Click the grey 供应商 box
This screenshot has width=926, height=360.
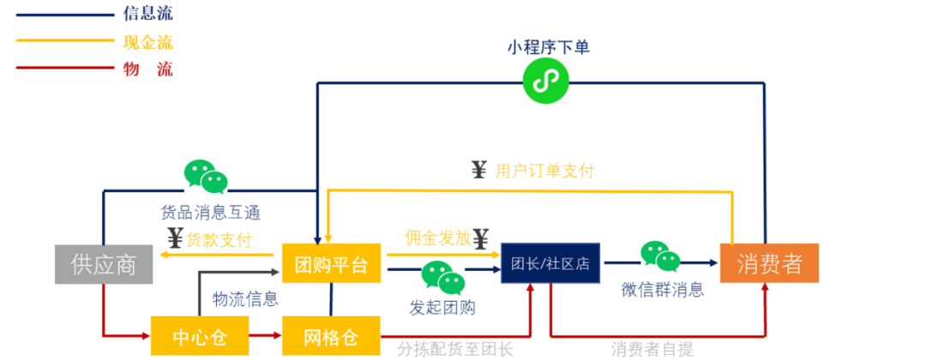[x=104, y=264]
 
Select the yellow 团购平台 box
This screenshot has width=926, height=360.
[x=331, y=264]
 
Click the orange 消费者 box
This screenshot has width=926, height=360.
[x=768, y=264]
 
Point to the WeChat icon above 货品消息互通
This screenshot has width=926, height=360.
[x=207, y=177]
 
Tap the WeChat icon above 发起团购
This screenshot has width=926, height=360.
[x=442, y=278]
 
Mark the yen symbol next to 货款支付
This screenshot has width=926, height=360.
[x=174, y=238]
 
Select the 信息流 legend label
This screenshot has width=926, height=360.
[x=148, y=14]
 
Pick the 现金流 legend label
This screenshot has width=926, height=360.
[x=148, y=41]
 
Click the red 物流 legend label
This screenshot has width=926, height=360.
[x=148, y=69]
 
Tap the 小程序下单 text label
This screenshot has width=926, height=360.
[x=548, y=48]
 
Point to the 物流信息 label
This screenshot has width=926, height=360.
[x=245, y=299]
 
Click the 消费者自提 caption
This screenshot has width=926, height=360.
[x=652, y=349]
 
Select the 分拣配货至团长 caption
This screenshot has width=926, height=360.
[x=454, y=349]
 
